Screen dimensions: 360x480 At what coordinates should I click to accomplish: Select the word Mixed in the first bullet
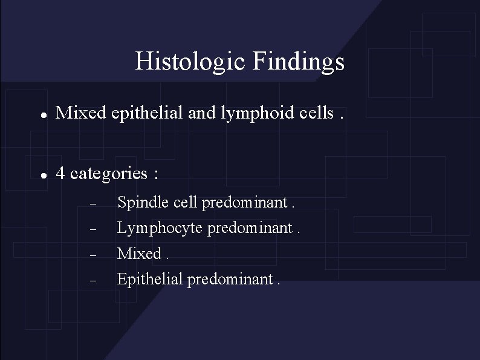(x=82, y=113)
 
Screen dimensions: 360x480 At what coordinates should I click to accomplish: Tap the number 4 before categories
(x=60, y=174)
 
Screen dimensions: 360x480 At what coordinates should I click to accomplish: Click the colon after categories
(x=156, y=175)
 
